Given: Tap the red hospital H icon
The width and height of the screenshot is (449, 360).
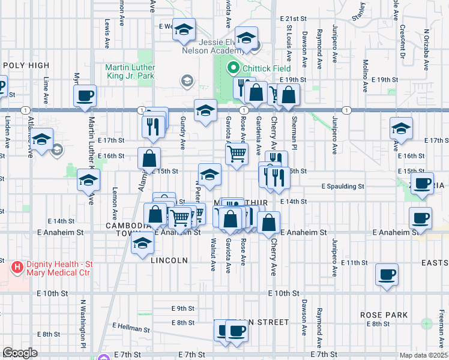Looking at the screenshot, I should (17, 265).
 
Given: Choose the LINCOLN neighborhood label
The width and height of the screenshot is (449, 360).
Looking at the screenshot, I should (169, 260).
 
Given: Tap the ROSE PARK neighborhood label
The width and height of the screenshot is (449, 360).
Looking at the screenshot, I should (384, 315).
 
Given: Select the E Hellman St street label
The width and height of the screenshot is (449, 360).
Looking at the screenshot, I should (131, 328).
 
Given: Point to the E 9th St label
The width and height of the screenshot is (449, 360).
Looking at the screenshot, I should (182, 308).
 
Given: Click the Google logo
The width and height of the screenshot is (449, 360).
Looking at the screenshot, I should (20, 353).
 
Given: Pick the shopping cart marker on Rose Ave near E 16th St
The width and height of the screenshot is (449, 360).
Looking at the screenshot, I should (237, 154).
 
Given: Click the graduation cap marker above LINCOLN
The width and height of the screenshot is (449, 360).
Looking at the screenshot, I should (143, 243).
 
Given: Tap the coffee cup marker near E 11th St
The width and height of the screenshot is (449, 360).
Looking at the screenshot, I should (387, 275).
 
